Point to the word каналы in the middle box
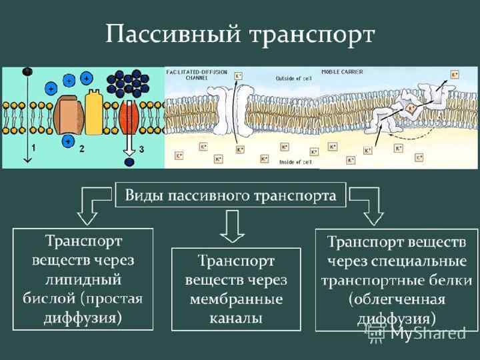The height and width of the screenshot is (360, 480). pyautogui.click(x=236, y=318)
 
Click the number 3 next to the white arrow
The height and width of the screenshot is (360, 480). pyautogui.click(x=142, y=152)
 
